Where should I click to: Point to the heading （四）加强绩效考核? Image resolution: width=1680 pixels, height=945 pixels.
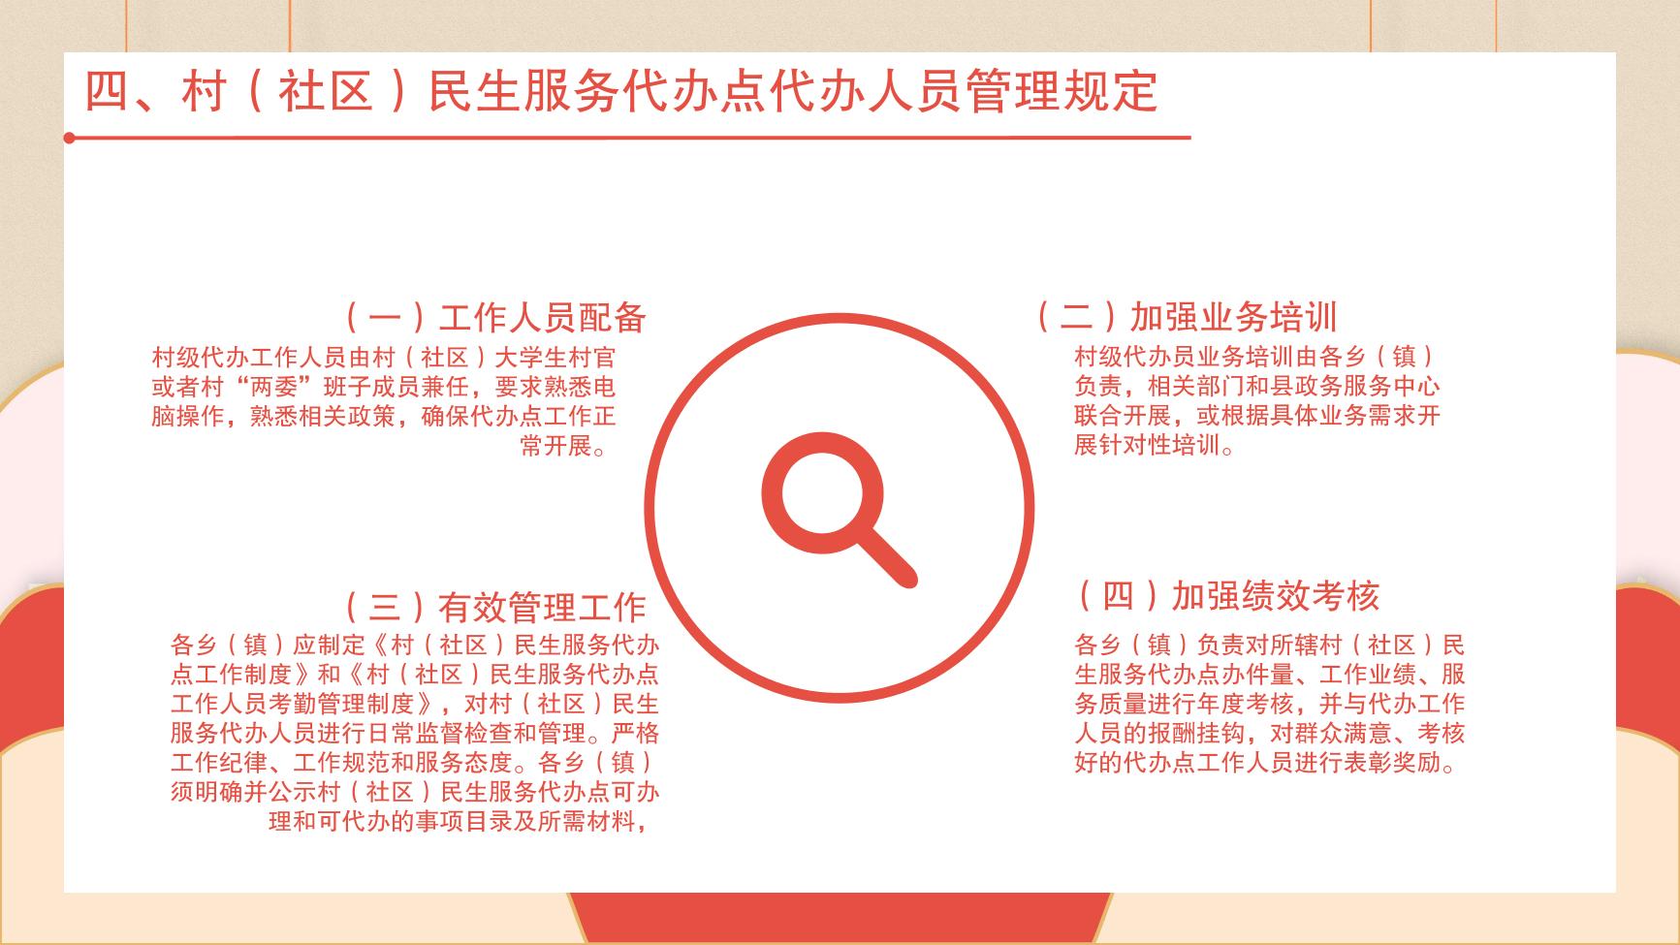tap(1226, 596)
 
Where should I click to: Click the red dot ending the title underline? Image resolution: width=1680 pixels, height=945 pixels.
tap(70, 138)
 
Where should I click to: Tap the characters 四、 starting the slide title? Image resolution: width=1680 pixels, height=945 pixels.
tap(132, 92)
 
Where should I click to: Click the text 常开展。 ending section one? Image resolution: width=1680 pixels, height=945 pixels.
tap(567, 447)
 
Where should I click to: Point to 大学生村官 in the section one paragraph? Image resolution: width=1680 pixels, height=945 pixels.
tap(555, 358)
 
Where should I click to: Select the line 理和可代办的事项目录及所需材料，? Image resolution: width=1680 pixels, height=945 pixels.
tap(459, 822)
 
